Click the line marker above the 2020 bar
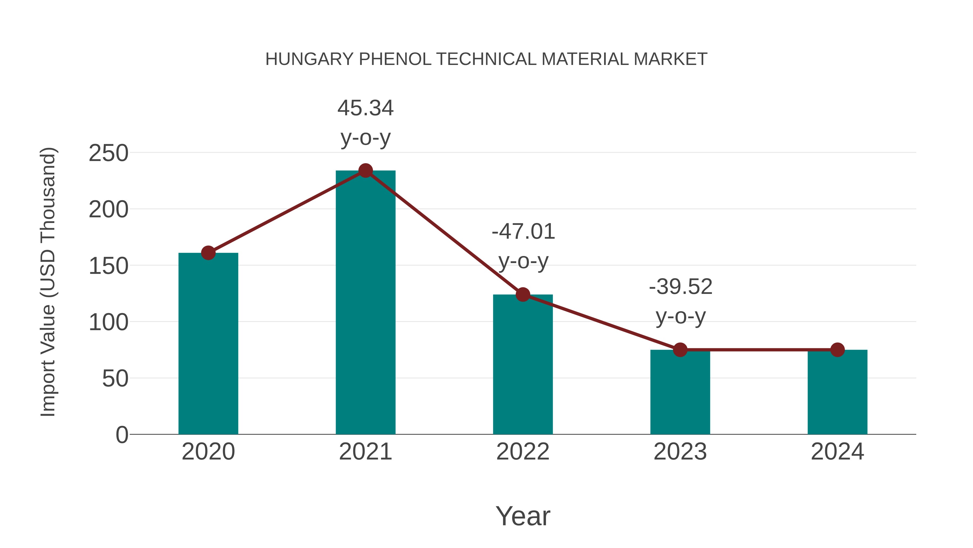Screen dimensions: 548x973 pos(208,253)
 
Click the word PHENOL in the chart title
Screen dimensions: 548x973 pos(395,59)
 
